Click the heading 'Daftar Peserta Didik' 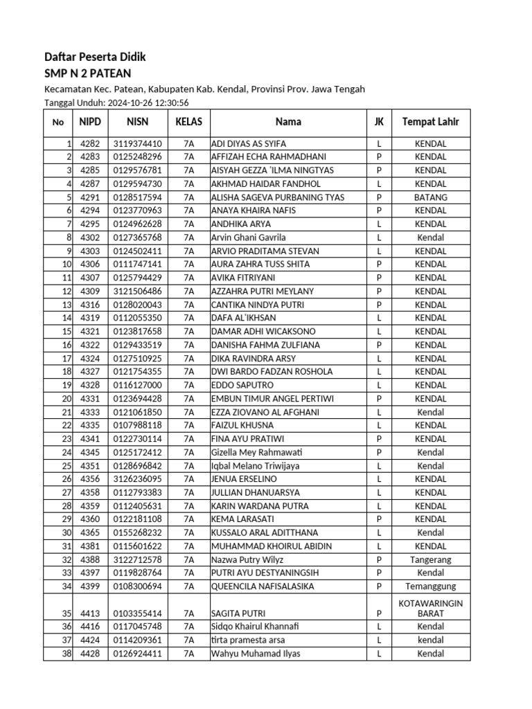tap(95, 57)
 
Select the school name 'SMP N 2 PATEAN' tap(87, 73)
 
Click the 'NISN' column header tap(138, 122)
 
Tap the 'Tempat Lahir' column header tap(430, 122)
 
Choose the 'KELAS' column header tap(188, 122)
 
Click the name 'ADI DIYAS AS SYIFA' tap(248, 144)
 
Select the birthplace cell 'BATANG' tap(430, 197)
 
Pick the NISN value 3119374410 tap(138, 144)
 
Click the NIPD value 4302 tap(91, 237)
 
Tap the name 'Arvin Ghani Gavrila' tap(248, 237)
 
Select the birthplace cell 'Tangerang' tap(430, 559)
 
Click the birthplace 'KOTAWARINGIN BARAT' tap(430, 609)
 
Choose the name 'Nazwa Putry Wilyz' tap(247, 559)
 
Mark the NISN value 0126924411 tap(138, 654)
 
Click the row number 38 tap(67, 654)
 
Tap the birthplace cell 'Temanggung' tap(430, 586)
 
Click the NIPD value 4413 tap(91, 613)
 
